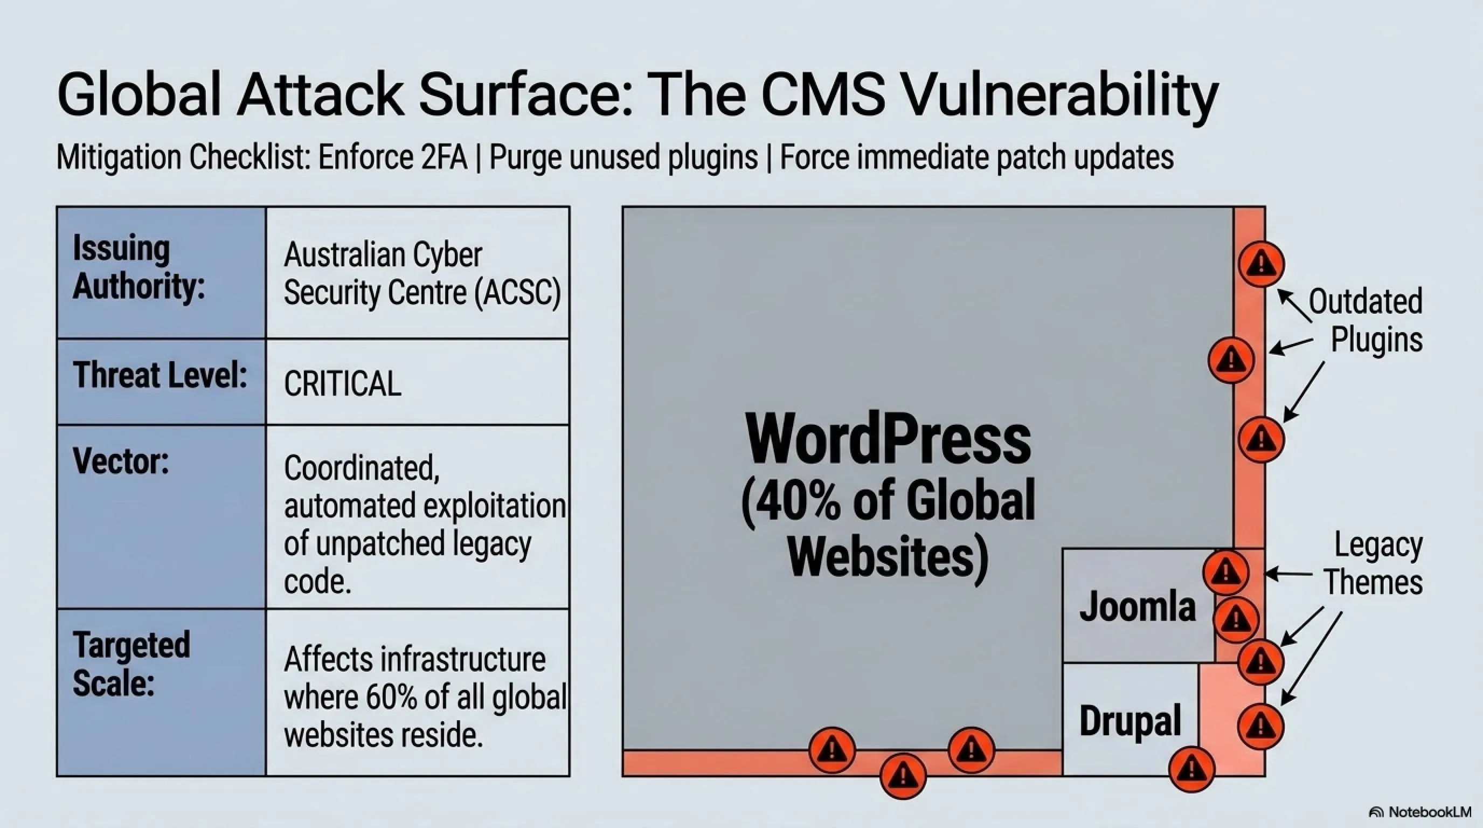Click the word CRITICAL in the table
[x=343, y=383]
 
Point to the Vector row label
[x=121, y=462]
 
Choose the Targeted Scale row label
[x=131, y=664]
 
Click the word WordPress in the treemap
[x=888, y=439]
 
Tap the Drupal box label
[x=1130, y=720]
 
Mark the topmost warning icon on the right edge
[x=1262, y=264]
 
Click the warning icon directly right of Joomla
[x=1236, y=619]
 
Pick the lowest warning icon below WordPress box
[x=903, y=776]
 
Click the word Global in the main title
[x=138, y=94]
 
